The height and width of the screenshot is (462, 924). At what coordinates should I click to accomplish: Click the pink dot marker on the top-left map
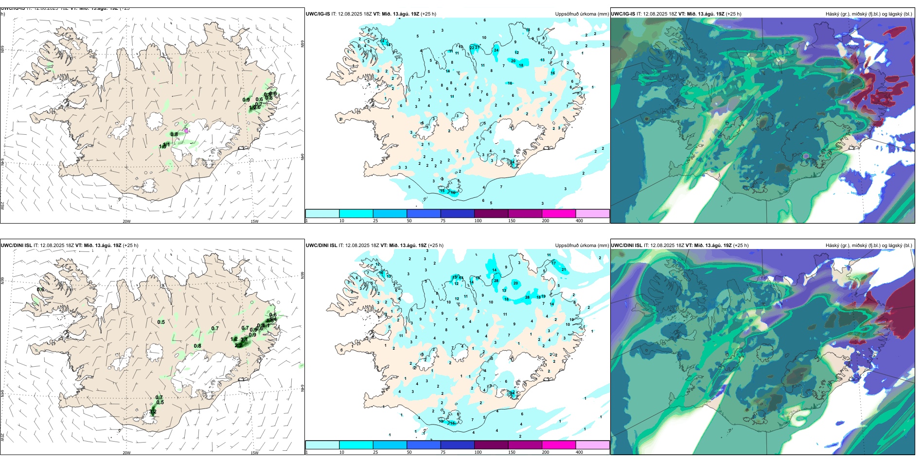coord(186,130)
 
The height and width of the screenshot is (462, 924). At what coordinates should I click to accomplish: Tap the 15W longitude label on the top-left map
coord(254,221)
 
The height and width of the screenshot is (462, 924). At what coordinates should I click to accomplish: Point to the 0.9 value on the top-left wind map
coord(246,100)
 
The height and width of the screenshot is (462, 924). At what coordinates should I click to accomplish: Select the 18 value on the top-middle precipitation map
coord(521,65)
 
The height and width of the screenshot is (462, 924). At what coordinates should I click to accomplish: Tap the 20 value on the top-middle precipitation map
coord(513,61)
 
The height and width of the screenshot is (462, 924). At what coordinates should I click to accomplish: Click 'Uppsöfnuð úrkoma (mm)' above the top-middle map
coord(582,14)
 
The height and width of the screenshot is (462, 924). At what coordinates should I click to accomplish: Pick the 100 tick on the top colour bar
coord(478,221)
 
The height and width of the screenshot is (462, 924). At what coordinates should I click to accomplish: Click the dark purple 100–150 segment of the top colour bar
coord(491,213)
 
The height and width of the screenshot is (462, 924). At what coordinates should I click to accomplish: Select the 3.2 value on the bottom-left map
coord(153,412)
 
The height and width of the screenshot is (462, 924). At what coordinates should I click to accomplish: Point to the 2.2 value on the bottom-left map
coord(238,345)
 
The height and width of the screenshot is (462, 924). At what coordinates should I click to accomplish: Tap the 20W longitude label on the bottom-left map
coord(126,453)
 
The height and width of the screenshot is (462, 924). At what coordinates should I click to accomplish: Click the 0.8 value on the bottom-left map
coord(197,346)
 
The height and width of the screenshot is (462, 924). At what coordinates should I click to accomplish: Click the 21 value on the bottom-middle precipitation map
coord(564,269)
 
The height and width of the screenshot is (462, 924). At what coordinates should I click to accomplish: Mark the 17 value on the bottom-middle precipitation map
coord(553,263)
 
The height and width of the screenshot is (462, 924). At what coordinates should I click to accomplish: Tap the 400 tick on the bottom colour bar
coord(579,452)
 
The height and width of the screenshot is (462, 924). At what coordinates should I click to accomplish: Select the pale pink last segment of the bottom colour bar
coord(592,445)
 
